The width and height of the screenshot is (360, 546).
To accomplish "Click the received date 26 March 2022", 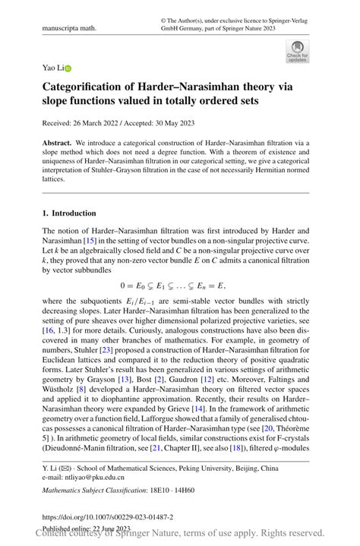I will pyautogui.click(x=99, y=123).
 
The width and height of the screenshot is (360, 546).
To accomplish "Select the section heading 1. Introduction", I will pyautogui.click(x=69, y=213).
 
